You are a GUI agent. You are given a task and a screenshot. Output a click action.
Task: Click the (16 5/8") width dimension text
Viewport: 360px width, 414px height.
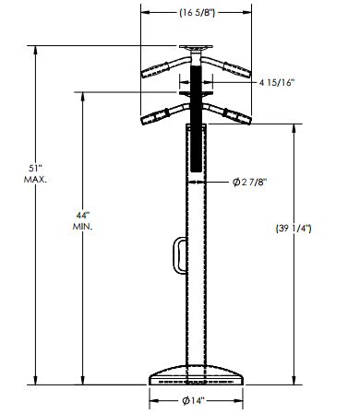(197, 13)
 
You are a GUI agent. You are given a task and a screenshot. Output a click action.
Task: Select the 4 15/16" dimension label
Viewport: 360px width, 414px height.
(277, 83)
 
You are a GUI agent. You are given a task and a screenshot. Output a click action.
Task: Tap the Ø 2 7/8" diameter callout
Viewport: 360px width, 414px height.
(249, 183)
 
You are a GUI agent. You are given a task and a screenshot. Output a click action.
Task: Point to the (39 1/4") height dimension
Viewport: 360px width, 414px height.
(294, 229)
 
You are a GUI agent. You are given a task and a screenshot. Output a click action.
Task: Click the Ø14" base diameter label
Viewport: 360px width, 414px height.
(194, 401)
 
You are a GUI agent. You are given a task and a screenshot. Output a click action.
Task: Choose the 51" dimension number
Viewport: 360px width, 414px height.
(35, 169)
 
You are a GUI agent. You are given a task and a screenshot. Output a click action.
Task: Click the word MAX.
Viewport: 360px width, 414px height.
(35, 180)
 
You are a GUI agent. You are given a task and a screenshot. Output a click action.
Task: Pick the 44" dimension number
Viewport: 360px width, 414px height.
(83, 215)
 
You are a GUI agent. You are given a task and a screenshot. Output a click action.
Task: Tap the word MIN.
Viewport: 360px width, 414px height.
(83, 227)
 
